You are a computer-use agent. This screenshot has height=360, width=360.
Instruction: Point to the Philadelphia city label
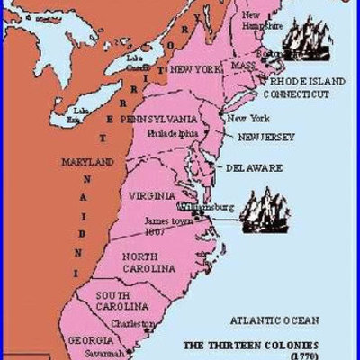[175, 132]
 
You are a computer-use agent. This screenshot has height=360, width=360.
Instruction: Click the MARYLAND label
[87, 162]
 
